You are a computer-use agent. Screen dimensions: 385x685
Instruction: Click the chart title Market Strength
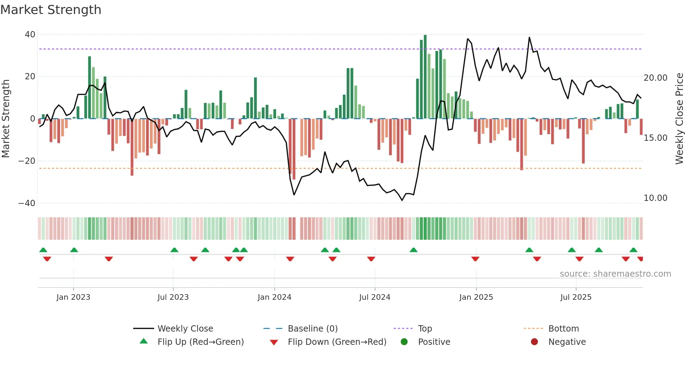coord(51,10)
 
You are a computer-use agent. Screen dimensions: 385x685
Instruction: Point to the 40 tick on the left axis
coord(30,35)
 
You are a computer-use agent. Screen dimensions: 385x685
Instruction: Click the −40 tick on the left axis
coord(27,203)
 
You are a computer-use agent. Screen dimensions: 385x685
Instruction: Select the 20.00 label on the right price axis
coord(655,78)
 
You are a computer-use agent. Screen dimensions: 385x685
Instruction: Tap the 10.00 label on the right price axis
coord(655,198)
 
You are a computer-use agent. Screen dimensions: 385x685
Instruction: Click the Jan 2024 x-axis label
coord(274,297)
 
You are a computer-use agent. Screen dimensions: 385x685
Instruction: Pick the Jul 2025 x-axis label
coord(576,297)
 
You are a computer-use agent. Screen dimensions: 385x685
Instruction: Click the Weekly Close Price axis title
coord(679,119)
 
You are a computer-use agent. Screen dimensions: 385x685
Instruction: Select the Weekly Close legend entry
coord(185,329)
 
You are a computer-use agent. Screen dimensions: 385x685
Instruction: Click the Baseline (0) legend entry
coord(312,329)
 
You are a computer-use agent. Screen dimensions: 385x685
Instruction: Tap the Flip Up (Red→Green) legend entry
coord(200,342)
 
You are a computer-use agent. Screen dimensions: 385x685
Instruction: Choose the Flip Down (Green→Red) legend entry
coord(337,342)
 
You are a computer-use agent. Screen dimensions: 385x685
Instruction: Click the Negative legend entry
coord(567,342)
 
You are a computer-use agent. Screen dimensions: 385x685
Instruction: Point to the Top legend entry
coord(425,329)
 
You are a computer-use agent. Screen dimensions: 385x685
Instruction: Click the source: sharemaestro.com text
coord(615,274)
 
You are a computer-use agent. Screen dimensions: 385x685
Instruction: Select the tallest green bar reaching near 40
coord(425,77)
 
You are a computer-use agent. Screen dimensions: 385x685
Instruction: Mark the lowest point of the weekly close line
coord(402,200)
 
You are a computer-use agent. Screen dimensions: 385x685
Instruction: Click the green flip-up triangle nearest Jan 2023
coord(74,250)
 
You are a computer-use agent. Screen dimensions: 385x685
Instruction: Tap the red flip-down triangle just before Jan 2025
coord(475,259)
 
